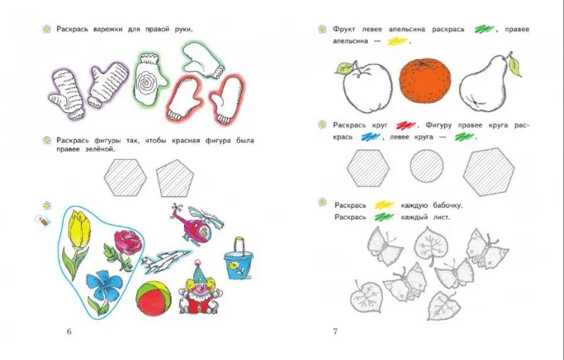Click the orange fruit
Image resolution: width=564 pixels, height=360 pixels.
pos(425,81)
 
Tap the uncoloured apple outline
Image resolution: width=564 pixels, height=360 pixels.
pos(365,86)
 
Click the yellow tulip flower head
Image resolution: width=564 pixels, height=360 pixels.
pos(80,229)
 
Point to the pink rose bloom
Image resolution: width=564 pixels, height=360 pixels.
pos(128,242)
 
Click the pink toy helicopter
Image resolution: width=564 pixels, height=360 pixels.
pos(196,224)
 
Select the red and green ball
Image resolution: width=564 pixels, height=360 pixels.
pos(154,298)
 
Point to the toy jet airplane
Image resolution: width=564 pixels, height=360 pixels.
pos(166,261)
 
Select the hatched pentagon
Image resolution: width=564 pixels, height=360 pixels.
pos(175,178)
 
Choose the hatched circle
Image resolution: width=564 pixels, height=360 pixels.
pos(427,166)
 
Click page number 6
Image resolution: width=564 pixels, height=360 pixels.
pos(69,331)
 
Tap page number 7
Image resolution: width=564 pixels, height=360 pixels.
pos(336,331)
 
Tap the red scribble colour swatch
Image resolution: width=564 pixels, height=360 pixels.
pos(406,125)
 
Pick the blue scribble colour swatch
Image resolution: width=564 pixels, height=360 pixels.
pos(371,137)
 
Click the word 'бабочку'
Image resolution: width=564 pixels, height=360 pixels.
pos(448,206)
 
